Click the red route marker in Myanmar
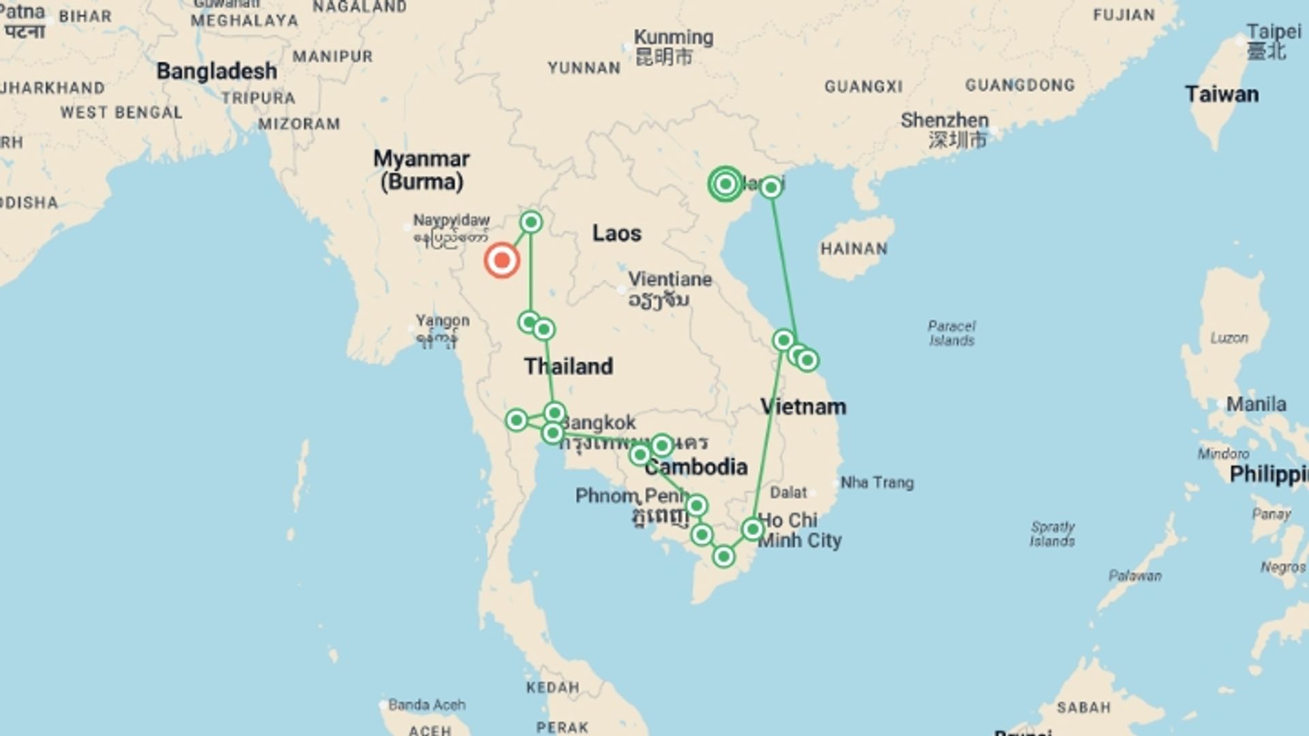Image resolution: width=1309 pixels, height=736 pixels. click(502, 260)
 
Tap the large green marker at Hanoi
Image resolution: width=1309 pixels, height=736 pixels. click(725, 184)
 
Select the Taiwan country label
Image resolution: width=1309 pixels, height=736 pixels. click(1221, 94)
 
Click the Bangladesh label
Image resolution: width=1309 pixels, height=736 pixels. click(217, 71)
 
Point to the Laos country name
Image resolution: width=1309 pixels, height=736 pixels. click(616, 233)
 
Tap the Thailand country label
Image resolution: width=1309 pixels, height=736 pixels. click(569, 366)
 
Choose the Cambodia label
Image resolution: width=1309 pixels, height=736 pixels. click(696, 467)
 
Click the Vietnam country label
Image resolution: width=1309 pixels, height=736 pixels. click(803, 407)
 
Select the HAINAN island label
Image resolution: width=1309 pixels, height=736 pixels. click(854, 249)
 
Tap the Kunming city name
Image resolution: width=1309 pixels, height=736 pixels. click(674, 37)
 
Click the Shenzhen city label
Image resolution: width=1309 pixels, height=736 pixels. click(944, 121)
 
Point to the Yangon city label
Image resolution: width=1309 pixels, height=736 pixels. click(442, 320)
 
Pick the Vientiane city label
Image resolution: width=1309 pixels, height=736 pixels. click(669, 279)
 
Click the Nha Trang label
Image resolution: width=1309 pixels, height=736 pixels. click(877, 482)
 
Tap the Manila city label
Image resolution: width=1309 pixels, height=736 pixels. click(1256, 404)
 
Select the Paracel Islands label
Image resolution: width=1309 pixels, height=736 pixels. click(952, 333)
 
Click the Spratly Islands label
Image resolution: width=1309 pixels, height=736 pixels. click(1053, 534)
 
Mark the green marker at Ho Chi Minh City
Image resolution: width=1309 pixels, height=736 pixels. click(752, 530)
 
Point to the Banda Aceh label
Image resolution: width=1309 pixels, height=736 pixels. click(427, 705)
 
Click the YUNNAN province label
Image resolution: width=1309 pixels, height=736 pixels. click(584, 68)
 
